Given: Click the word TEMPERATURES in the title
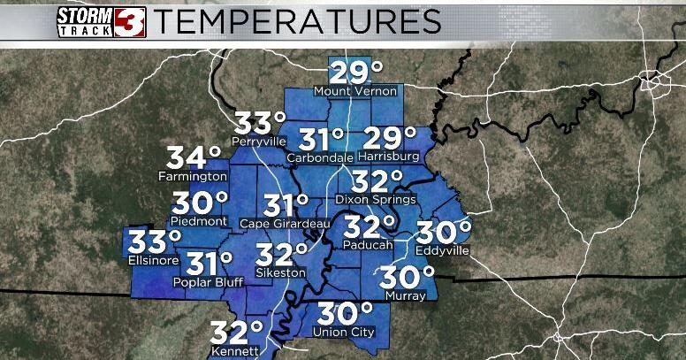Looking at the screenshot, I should (x=297, y=19).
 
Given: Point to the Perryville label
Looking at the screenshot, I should (x=259, y=141).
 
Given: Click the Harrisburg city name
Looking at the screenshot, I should (x=390, y=157).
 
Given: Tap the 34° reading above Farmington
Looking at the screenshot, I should (x=194, y=158).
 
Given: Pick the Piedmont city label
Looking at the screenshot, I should (x=200, y=221).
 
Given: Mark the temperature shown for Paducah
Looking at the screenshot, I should (x=370, y=227).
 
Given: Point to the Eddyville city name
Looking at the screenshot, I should (x=443, y=251).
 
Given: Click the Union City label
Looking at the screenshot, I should (x=345, y=333).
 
